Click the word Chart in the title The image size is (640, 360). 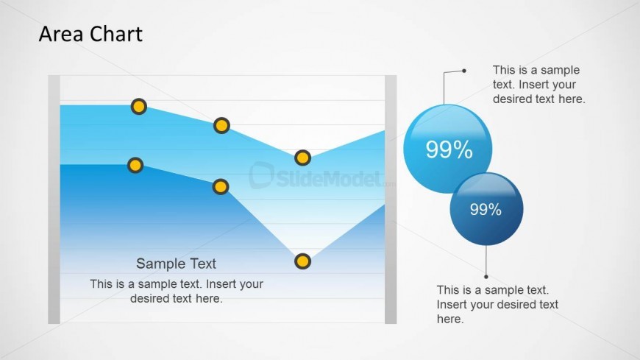coord(116,34)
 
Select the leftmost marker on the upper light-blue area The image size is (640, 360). coord(139,107)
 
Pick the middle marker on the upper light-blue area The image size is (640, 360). coord(221,125)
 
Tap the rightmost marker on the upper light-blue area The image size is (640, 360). coord(302,158)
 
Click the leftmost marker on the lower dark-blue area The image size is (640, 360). coord(135,166)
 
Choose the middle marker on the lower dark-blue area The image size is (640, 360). coord(221,187)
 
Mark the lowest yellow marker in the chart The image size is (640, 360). coord(302,261)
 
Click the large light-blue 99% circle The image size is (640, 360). coord(447,149)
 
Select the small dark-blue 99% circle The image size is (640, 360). coord(486,209)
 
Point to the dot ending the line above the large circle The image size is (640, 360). coord(464,71)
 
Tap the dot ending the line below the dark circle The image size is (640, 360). coord(486,277)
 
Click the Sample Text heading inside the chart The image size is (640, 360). coord(176,264)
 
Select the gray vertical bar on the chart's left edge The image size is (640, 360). coord(54,200)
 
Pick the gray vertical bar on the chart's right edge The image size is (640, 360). coord(391,200)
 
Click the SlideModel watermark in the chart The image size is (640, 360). coord(321,176)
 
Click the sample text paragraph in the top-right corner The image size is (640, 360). coord(538,85)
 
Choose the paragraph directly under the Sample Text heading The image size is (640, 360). coord(177,291)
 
